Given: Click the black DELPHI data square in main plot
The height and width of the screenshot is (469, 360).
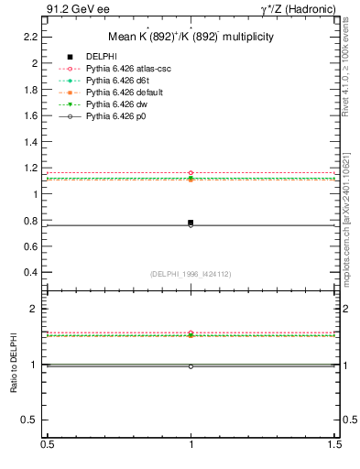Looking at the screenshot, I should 191,223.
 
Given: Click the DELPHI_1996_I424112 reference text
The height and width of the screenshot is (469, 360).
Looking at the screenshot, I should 191,274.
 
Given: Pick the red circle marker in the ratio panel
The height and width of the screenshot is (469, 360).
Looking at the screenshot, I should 191,333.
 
